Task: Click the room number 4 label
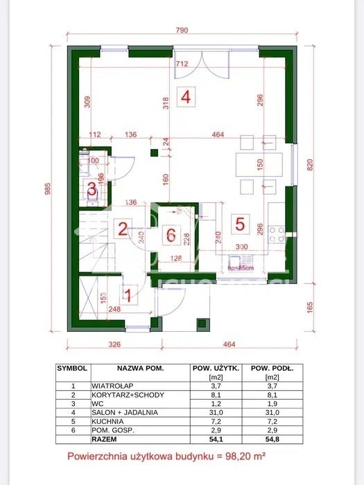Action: pyautogui.click(x=185, y=96)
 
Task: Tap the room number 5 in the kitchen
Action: pyautogui.click(x=239, y=223)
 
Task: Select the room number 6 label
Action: pyautogui.click(x=170, y=234)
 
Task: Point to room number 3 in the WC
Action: pyautogui.click(x=92, y=188)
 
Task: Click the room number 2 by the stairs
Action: pyautogui.click(x=121, y=229)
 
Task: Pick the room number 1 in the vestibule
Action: pyautogui.click(x=127, y=294)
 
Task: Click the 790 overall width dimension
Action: pyautogui.click(x=181, y=30)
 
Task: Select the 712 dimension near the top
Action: pyautogui.click(x=182, y=64)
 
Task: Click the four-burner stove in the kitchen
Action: pyautogui.click(x=276, y=234)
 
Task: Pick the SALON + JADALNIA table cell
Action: pyautogui.click(x=124, y=412)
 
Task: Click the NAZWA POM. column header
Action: pyautogui.click(x=140, y=368)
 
